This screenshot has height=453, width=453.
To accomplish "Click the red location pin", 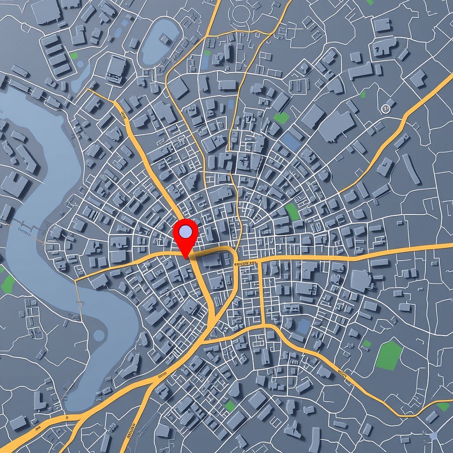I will (x=185, y=234).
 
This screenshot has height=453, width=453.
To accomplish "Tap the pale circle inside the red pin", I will (x=185, y=230).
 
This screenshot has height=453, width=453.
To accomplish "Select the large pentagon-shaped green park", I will (x=389, y=355).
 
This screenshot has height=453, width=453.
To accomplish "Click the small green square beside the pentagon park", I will (x=367, y=343).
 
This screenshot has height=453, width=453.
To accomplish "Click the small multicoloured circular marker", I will (x=385, y=109).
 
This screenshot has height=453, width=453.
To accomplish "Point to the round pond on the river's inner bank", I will (x=99, y=335).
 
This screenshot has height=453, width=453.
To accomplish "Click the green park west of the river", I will (x=8, y=284).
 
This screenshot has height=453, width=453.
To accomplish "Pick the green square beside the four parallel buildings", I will (x=74, y=55).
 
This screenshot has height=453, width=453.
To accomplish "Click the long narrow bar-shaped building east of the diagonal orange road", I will (x=411, y=169).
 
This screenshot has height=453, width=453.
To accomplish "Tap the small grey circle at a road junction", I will (x=434, y=435).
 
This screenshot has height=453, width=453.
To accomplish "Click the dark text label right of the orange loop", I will (x=245, y=263).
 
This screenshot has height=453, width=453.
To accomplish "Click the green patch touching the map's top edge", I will (x=370, y=2).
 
